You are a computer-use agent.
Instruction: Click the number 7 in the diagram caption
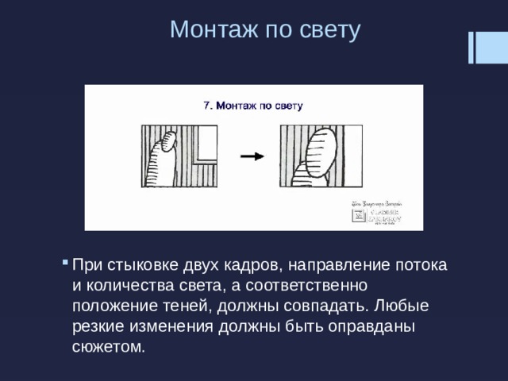207,105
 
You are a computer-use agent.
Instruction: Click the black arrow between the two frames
252,156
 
